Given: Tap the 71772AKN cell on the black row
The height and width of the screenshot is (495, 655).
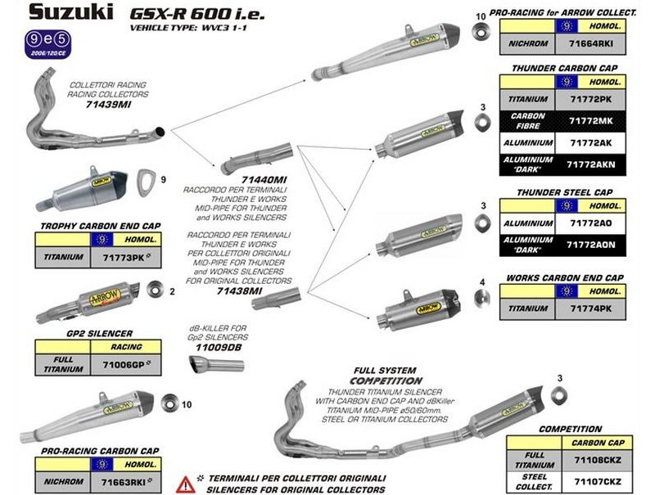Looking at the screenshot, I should tap(588, 164).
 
